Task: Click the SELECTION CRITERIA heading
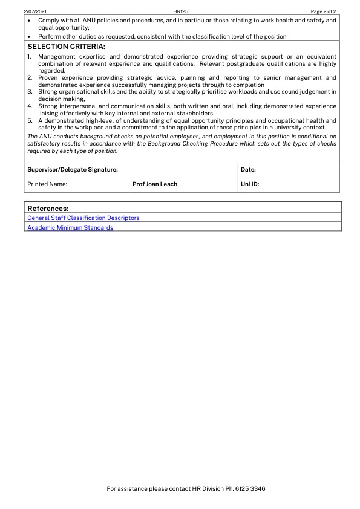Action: (66, 47)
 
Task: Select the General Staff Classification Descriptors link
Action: (83, 218)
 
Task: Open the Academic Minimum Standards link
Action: (70, 228)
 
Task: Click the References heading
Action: (48, 208)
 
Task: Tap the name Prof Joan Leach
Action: (155, 184)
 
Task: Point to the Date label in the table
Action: (248, 170)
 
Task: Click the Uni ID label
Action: (250, 184)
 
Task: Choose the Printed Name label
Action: (47, 184)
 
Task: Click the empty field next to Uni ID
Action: (305, 184)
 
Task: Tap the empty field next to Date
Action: (305, 170)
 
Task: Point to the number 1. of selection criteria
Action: (30, 57)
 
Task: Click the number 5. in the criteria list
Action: (30, 120)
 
